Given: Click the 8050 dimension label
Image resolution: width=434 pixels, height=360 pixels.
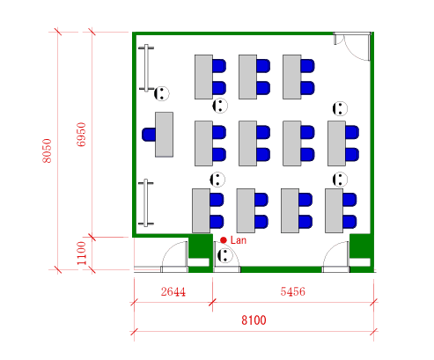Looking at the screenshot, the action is (47, 151).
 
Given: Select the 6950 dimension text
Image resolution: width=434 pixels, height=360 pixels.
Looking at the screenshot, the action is (81, 135).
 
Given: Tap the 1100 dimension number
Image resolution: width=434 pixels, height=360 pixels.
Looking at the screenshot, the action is (81, 253).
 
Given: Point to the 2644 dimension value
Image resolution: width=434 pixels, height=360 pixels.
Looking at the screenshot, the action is (173, 291).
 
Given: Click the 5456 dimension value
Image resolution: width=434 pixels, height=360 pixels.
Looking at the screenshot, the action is (292, 291).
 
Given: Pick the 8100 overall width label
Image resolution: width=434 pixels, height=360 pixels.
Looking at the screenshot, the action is (254, 320).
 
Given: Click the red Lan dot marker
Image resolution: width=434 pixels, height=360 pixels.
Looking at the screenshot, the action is (224, 240).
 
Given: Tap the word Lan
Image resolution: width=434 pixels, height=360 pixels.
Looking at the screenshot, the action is (239, 240).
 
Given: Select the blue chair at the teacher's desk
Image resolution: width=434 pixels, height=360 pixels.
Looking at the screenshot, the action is (149, 135).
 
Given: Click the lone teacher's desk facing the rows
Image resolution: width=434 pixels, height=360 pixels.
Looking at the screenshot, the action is (164, 135).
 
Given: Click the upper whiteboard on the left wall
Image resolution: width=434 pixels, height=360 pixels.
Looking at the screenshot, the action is (146, 68).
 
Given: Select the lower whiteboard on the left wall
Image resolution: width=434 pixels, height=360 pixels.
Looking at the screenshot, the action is (146, 203).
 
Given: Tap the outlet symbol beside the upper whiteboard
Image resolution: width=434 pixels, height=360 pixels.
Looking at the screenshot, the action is (162, 93).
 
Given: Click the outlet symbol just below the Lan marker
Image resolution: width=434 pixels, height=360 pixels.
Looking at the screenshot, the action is (225, 255).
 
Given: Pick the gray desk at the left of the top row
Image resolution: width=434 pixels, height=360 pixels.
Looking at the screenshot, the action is (203, 77).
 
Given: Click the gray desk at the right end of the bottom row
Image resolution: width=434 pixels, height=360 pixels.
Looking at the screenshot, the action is (334, 210).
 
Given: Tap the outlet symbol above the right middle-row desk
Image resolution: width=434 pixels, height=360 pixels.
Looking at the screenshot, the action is (340, 109).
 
